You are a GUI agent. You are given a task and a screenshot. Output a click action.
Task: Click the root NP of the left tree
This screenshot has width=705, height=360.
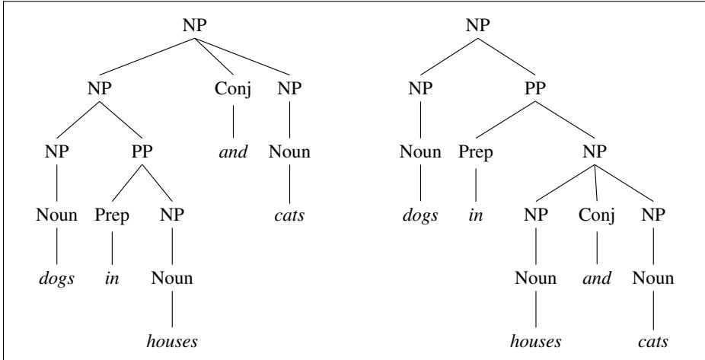195,25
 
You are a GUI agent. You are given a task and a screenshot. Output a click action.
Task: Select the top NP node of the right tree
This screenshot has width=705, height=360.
477,25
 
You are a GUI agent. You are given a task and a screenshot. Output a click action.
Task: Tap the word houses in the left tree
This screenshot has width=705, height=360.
172,342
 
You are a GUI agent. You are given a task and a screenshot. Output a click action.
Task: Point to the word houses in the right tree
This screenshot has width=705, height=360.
535,342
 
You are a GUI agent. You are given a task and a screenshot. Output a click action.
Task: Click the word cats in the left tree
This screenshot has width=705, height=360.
289,215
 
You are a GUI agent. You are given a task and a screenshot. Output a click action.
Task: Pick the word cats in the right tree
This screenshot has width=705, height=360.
652,342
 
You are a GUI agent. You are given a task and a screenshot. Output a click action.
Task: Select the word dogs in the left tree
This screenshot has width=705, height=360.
56,279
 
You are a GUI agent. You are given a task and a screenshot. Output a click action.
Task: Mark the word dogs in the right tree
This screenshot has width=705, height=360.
420,215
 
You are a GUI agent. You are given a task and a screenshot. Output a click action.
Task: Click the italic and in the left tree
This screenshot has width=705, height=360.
233,152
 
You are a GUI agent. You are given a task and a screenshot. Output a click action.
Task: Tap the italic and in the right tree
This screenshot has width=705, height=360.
597,279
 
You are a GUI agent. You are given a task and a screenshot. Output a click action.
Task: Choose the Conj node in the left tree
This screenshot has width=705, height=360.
233,88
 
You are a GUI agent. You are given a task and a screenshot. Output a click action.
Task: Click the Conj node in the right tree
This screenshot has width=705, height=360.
597,215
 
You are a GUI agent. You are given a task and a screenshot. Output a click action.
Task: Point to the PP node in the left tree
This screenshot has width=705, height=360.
142,152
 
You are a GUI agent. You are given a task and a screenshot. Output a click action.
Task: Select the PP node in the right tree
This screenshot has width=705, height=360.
535,88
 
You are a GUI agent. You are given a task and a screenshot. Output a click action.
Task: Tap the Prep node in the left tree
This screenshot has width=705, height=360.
112,215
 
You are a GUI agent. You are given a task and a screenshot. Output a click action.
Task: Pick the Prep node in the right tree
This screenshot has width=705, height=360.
476,152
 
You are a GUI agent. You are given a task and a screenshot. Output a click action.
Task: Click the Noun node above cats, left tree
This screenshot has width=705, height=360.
289,152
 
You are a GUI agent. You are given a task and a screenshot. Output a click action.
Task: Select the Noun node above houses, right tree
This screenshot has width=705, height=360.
535,279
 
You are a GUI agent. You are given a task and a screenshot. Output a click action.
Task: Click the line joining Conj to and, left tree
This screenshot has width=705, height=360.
233,121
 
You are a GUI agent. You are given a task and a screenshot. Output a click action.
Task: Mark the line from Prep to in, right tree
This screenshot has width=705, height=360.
476,185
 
